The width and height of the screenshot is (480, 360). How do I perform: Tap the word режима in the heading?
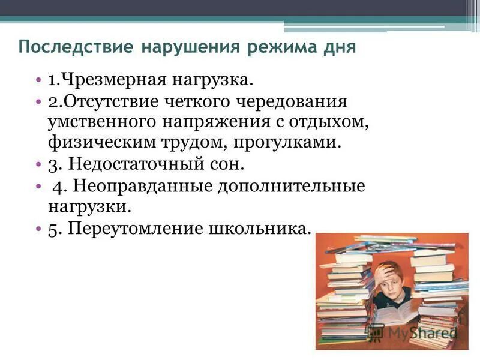(286, 47)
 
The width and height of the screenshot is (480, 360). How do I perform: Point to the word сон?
(228, 163)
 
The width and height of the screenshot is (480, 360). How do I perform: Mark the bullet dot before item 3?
(37, 163)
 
